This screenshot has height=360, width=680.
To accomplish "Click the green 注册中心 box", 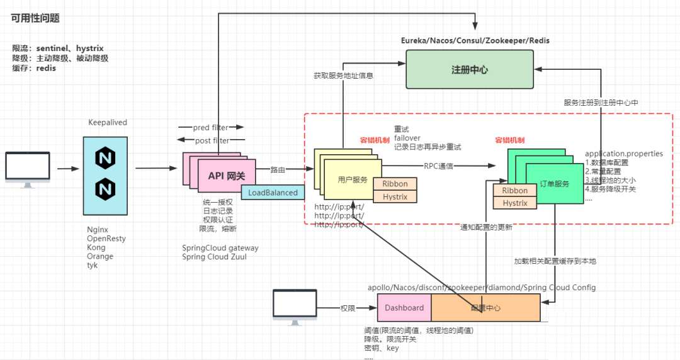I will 469,70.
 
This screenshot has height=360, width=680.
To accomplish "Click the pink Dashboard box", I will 404,308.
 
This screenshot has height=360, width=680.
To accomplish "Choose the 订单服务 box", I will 554,184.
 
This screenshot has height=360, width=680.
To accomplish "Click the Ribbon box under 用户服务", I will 395,184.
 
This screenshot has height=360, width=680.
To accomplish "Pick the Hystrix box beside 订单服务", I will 514,203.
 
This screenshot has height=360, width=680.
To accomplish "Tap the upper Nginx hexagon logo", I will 105,158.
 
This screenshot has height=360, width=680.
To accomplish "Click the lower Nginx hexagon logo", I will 105,188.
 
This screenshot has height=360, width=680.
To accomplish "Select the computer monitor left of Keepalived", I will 28,169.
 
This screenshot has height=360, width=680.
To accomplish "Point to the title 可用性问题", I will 35,18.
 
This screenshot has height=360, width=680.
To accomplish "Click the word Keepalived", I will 108,123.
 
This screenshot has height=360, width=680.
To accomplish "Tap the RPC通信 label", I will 438,166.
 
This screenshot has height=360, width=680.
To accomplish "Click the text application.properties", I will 623,154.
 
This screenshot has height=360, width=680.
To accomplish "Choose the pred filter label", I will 210,128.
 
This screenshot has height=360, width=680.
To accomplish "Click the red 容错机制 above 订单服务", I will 510,140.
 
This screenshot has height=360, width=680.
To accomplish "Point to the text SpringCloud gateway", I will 220,248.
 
